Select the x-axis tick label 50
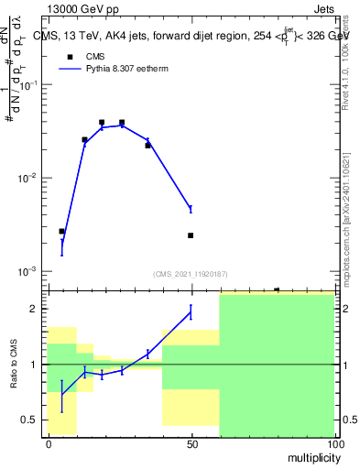pyautogui.click(x=191, y=443)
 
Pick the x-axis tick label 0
pyautogui.click(x=49, y=443)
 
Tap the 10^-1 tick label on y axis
pyautogui.click(x=28, y=84)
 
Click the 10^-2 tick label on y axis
pyautogui.click(x=28, y=178)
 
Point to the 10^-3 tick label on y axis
pyautogui.click(x=28, y=272)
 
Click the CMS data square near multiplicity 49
pyautogui.click(x=191, y=235)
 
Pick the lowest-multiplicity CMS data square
pyautogui.click(x=61, y=232)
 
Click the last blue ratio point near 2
pyautogui.click(x=191, y=312)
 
